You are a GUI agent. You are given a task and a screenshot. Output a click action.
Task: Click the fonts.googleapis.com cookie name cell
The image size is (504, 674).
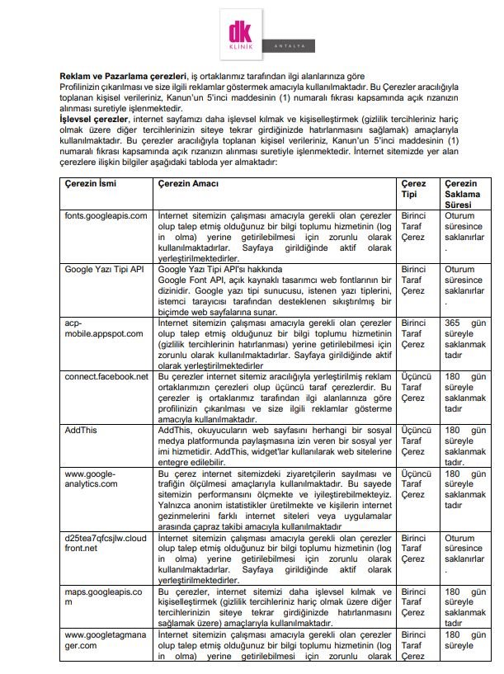pos(106,215)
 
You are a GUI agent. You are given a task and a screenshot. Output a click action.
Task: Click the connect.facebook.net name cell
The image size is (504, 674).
pos(106,376)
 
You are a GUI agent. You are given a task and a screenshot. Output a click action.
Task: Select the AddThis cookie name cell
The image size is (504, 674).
pos(81,430)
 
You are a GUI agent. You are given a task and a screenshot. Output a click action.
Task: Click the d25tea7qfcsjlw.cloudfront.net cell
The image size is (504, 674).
pos(106,543)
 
